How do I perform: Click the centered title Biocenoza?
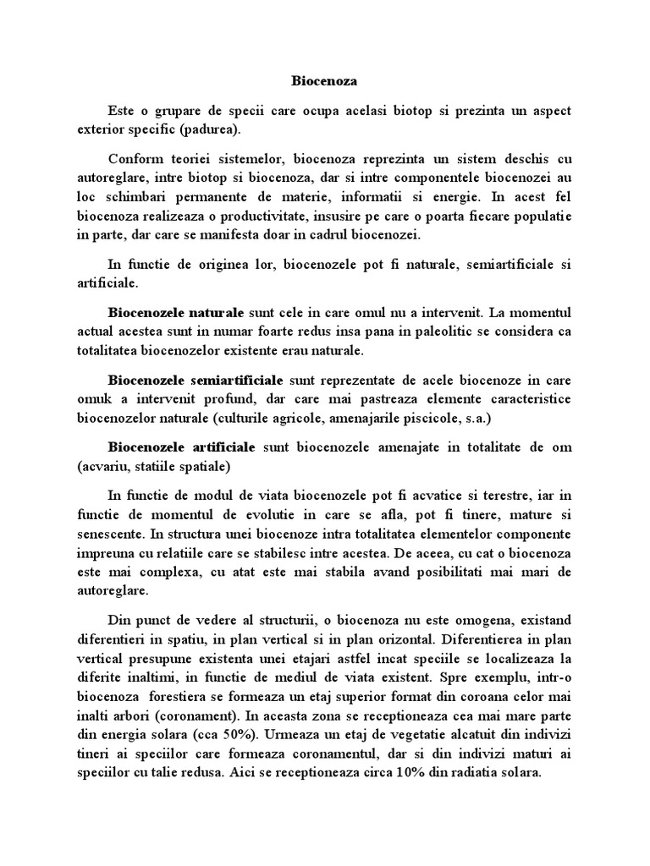pos(324,82)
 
